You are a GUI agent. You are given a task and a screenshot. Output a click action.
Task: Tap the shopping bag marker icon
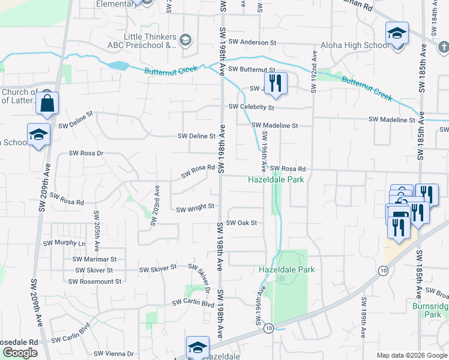(47, 103)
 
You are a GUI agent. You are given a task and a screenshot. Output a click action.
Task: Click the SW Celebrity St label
(251, 107)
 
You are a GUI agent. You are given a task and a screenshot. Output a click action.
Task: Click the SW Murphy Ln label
(64, 244)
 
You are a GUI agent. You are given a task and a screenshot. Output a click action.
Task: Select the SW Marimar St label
(94, 259)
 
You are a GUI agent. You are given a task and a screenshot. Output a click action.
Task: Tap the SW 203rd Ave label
(155, 205)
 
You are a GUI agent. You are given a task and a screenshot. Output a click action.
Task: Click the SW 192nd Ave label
(313, 70)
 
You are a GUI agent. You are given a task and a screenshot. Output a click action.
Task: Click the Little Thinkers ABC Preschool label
(149, 40)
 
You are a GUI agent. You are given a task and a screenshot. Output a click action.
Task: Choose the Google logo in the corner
(19, 353)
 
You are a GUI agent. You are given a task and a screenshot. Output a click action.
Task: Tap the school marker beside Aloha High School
(397, 34)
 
